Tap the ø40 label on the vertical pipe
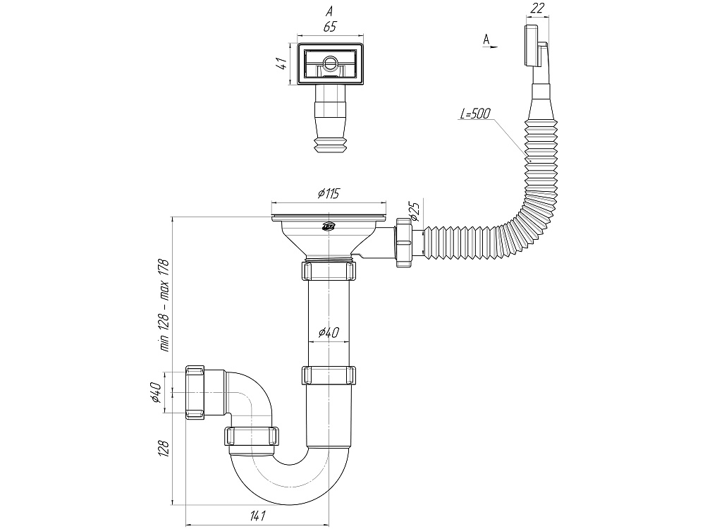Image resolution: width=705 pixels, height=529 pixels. [x=330, y=334]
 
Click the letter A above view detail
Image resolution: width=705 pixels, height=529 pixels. [x=329, y=11]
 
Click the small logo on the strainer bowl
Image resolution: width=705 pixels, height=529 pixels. [x=329, y=226]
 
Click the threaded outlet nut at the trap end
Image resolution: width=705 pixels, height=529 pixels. [x=197, y=393]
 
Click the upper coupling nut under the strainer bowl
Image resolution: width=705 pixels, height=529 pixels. [x=329, y=272]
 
